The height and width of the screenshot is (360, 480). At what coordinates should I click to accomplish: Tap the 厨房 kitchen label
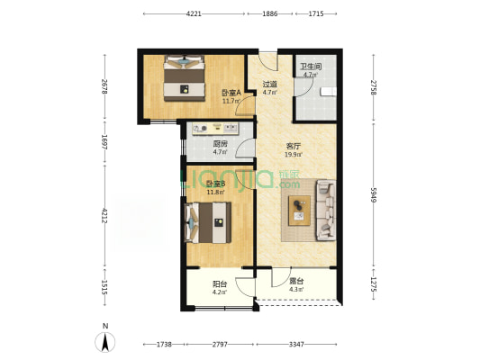click(x=220, y=144)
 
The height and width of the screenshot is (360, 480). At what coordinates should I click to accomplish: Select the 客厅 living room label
click(x=293, y=146)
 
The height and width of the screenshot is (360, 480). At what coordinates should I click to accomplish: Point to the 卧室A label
click(x=231, y=93)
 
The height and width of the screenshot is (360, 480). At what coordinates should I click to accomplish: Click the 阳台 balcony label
click(x=220, y=284)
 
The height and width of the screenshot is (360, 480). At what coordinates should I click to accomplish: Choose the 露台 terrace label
click(x=296, y=281)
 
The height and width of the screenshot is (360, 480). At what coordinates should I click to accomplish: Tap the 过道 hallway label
click(x=269, y=84)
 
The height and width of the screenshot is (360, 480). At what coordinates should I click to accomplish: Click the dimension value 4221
click(x=194, y=13)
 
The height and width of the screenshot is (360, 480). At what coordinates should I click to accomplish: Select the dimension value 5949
click(x=373, y=194)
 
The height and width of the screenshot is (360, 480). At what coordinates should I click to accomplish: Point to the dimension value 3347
click(x=296, y=345)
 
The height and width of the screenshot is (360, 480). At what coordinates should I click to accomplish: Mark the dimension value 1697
click(x=104, y=142)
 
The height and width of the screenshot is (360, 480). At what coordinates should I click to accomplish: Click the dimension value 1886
click(x=270, y=13)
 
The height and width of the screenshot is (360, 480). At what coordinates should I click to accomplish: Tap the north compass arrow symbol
click(x=105, y=342)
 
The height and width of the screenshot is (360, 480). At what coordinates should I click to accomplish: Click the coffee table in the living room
click(x=299, y=211)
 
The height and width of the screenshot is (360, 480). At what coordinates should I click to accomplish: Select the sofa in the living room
click(x=326, y=210)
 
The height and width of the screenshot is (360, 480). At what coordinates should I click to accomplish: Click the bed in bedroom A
click(x=184, y=78)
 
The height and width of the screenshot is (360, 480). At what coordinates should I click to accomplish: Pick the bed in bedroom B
click(x=207, y=222)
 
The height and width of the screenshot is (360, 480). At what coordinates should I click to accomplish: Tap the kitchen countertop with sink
click(x=215, y=129)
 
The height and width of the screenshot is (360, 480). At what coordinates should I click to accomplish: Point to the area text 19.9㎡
click(x=294, y=155)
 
